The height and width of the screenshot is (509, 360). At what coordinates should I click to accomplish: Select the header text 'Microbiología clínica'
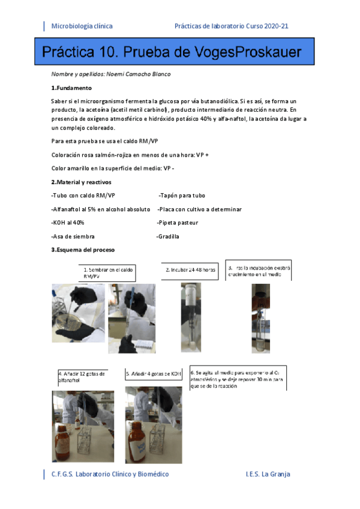[x=82, y=26]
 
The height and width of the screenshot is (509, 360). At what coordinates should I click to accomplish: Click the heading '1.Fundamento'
[x=72, y=88]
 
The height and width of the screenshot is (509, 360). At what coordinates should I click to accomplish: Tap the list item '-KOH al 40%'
[x=68, y=223]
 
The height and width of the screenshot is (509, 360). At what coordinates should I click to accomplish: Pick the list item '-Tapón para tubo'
[x=182, y=196]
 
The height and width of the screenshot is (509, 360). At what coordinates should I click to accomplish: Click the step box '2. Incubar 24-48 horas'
[x=190, y=270]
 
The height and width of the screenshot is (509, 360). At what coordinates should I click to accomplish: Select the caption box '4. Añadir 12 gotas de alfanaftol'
[x=83, y=377]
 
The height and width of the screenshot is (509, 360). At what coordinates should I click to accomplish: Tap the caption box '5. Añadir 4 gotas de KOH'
[x=154, y=373]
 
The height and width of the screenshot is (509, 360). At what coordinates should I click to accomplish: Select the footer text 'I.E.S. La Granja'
[x=268, y=474]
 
